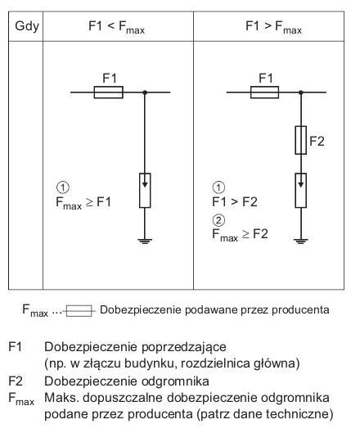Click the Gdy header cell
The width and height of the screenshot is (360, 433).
[x=27, y=27]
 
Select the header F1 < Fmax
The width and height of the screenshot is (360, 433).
[x=116, y=27]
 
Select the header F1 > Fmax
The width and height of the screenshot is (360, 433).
[x=273, y=27]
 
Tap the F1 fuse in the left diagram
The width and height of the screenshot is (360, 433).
[x=109, y=92]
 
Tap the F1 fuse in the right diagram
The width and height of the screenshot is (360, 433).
[x=265, y=92]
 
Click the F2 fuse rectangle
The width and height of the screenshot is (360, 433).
[x=300, y=140]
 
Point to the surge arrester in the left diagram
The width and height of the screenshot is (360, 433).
[x=145, y=190]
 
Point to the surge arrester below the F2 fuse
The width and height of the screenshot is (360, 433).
[x=300, y=190]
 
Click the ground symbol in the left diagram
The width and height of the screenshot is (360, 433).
[x=145, y=241]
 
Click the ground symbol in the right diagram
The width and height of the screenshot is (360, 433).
[x=300, y=241]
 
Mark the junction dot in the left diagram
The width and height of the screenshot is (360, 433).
[x=145, y=92]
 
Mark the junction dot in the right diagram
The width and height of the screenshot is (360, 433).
[x=301, y=92]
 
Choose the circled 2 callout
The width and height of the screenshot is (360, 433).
[x=218, y=220]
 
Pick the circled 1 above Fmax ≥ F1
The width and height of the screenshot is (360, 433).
[x=63, y=187]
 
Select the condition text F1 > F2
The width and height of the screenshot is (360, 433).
[x=235, y=202]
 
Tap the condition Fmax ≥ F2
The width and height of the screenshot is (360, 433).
[x=240, y=235]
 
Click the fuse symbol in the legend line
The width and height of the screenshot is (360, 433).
[x=79, y=311]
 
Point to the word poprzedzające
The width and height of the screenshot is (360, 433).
[x=184, y=347]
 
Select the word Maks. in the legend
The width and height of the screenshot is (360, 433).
[x=61, y=398]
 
